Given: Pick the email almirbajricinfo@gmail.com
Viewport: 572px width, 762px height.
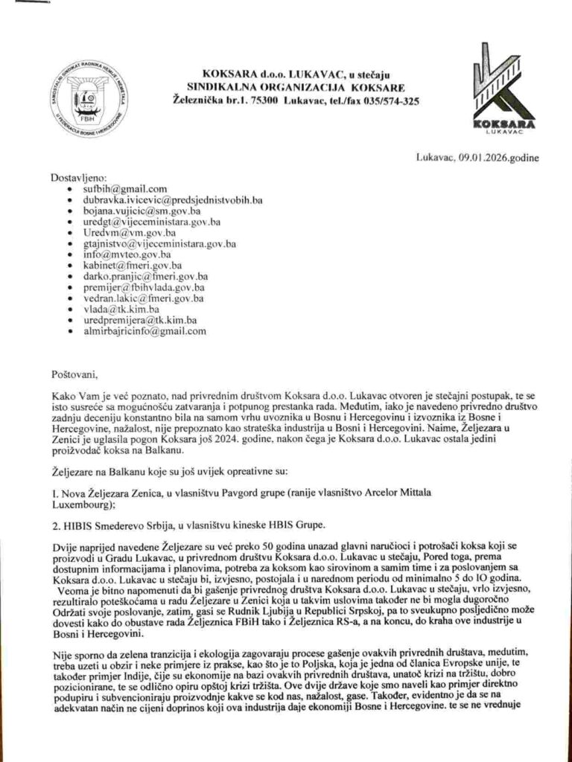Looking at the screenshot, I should (x=147, y=331).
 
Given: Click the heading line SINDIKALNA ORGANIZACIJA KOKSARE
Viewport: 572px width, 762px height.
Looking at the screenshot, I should (x=301, y=86).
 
